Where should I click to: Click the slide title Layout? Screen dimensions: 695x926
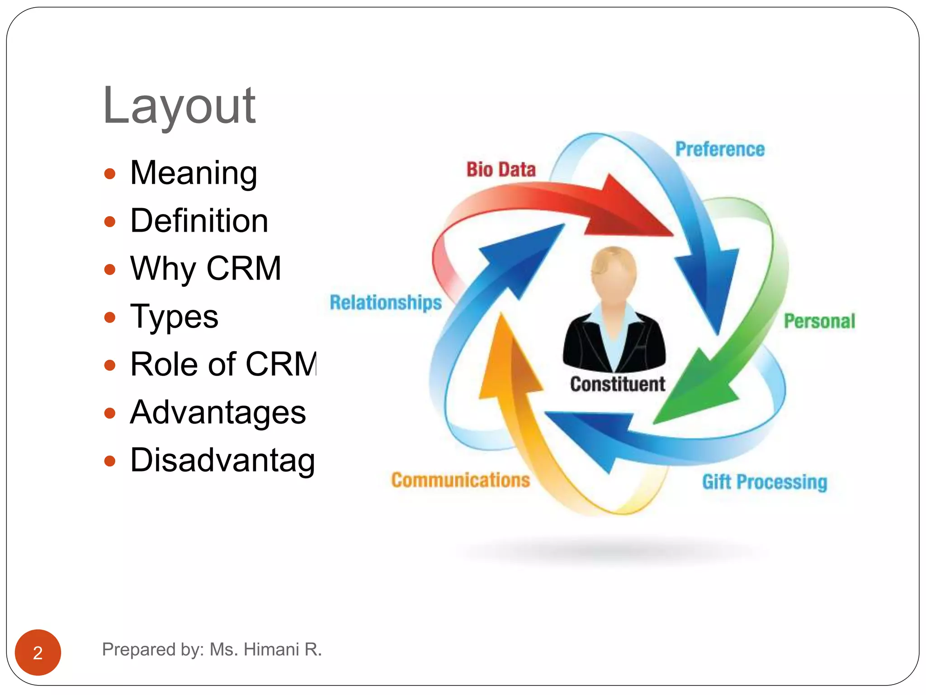pyautogui.click(x=179, y=106)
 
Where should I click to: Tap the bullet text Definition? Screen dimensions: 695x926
pyautogui.click(x=199, y=221)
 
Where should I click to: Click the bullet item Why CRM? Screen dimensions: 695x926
pyautogui.click(x=205, y=269)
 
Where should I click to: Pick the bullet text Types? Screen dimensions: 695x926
pyautogui.click(x=174, y=317)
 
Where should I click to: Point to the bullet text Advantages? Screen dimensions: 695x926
pyautogui.click(x=218, y=413)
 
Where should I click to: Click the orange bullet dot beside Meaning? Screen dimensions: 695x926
pyautogui.click(x=110, y=174)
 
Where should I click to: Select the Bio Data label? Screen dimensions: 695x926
pyautogui.click(x=501, y=170)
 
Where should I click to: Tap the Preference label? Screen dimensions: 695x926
pyautogui.click(x=720, y=149)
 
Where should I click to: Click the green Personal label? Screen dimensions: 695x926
pyautogui.click(x=819, y=321)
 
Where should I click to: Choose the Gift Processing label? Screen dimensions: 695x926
pyautogui.click(x=765, y=482)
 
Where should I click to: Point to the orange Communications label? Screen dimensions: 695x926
pyautogui.click(x=460, y=480)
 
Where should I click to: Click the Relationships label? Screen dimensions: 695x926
pyautogui.click(x=386, y=302)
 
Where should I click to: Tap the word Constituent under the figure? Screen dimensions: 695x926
pyautogui.click(x=617, y=384)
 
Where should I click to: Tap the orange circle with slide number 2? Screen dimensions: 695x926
pyautogui.click(x=38, y=652)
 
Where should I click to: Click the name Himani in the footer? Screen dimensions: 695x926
pyautogui.click(x=271, y=649)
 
